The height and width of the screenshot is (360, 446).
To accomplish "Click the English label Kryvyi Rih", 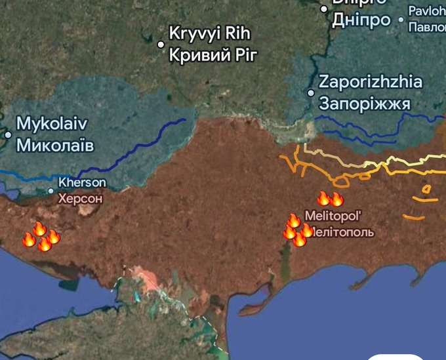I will [210, 33].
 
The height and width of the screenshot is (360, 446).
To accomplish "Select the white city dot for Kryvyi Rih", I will [161, 45].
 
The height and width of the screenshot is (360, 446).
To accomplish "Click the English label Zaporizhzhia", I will [371, 83].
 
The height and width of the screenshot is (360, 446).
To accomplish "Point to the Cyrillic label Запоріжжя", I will [365, 104].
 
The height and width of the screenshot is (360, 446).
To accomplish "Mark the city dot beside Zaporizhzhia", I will [311, 92].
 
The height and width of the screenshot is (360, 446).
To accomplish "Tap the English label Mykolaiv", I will [52, 123].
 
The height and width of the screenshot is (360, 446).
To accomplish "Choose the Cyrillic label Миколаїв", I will [55, 144].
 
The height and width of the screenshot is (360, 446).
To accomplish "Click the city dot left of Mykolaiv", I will [8, 134].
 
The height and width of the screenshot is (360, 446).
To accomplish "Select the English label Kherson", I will [82, 182].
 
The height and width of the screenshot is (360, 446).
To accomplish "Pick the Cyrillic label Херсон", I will [80, 197].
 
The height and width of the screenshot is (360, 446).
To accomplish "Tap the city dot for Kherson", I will [51, 191].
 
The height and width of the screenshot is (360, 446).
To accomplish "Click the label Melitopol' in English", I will [334, 216].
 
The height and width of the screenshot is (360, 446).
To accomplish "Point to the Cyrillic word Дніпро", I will [361, 20].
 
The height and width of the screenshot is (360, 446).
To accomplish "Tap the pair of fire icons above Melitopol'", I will [330, 199].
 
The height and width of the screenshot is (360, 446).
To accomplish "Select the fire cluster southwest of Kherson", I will [41, 237].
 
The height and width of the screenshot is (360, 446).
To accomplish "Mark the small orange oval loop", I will [426, 190].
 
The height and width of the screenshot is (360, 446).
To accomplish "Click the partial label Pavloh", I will [426, 11].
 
